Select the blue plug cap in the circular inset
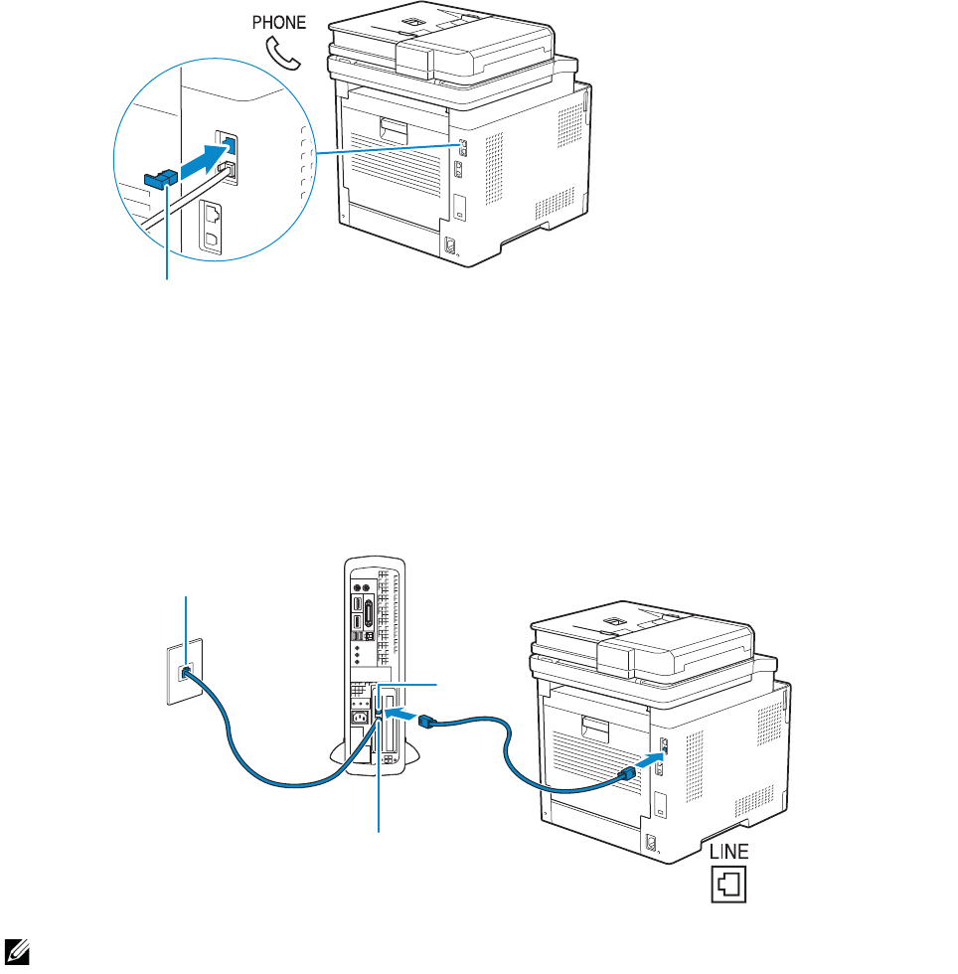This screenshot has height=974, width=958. [159, 179]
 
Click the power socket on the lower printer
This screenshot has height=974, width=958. [651, 842]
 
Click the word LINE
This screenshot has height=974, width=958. [729, 851]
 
